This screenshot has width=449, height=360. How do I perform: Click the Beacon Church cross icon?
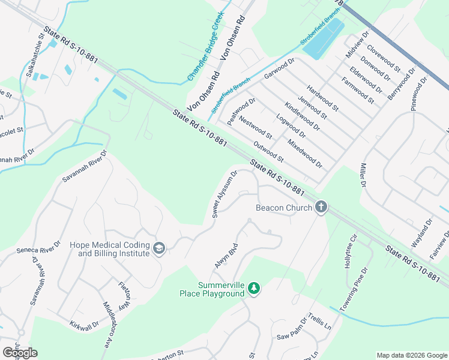(321, 208)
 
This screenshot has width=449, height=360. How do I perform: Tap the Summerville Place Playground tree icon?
(255, 289)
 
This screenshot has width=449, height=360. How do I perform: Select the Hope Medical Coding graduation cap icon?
(159, 248)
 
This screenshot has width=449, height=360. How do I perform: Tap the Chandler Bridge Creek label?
(205, 46)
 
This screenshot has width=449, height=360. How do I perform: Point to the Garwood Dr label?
(280, 69)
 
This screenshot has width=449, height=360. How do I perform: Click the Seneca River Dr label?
(39, 248)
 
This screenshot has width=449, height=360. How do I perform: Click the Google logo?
(20, 352)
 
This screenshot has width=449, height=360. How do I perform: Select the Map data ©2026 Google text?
(411, 355)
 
